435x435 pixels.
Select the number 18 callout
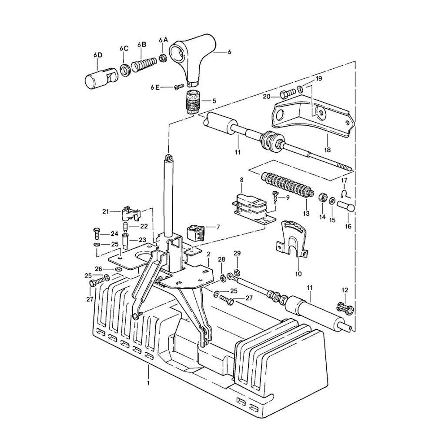click(x=327, y=150)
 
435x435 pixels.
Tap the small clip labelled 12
click(x=345, y=308)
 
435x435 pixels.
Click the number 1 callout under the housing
click(x=148, y=383)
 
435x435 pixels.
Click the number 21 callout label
click(x=105, y=211)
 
